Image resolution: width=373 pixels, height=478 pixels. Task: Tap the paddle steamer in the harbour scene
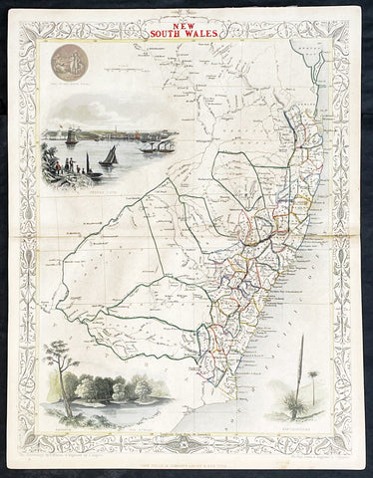[157, 147]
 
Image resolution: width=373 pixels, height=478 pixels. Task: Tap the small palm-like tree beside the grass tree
[314, 383]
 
